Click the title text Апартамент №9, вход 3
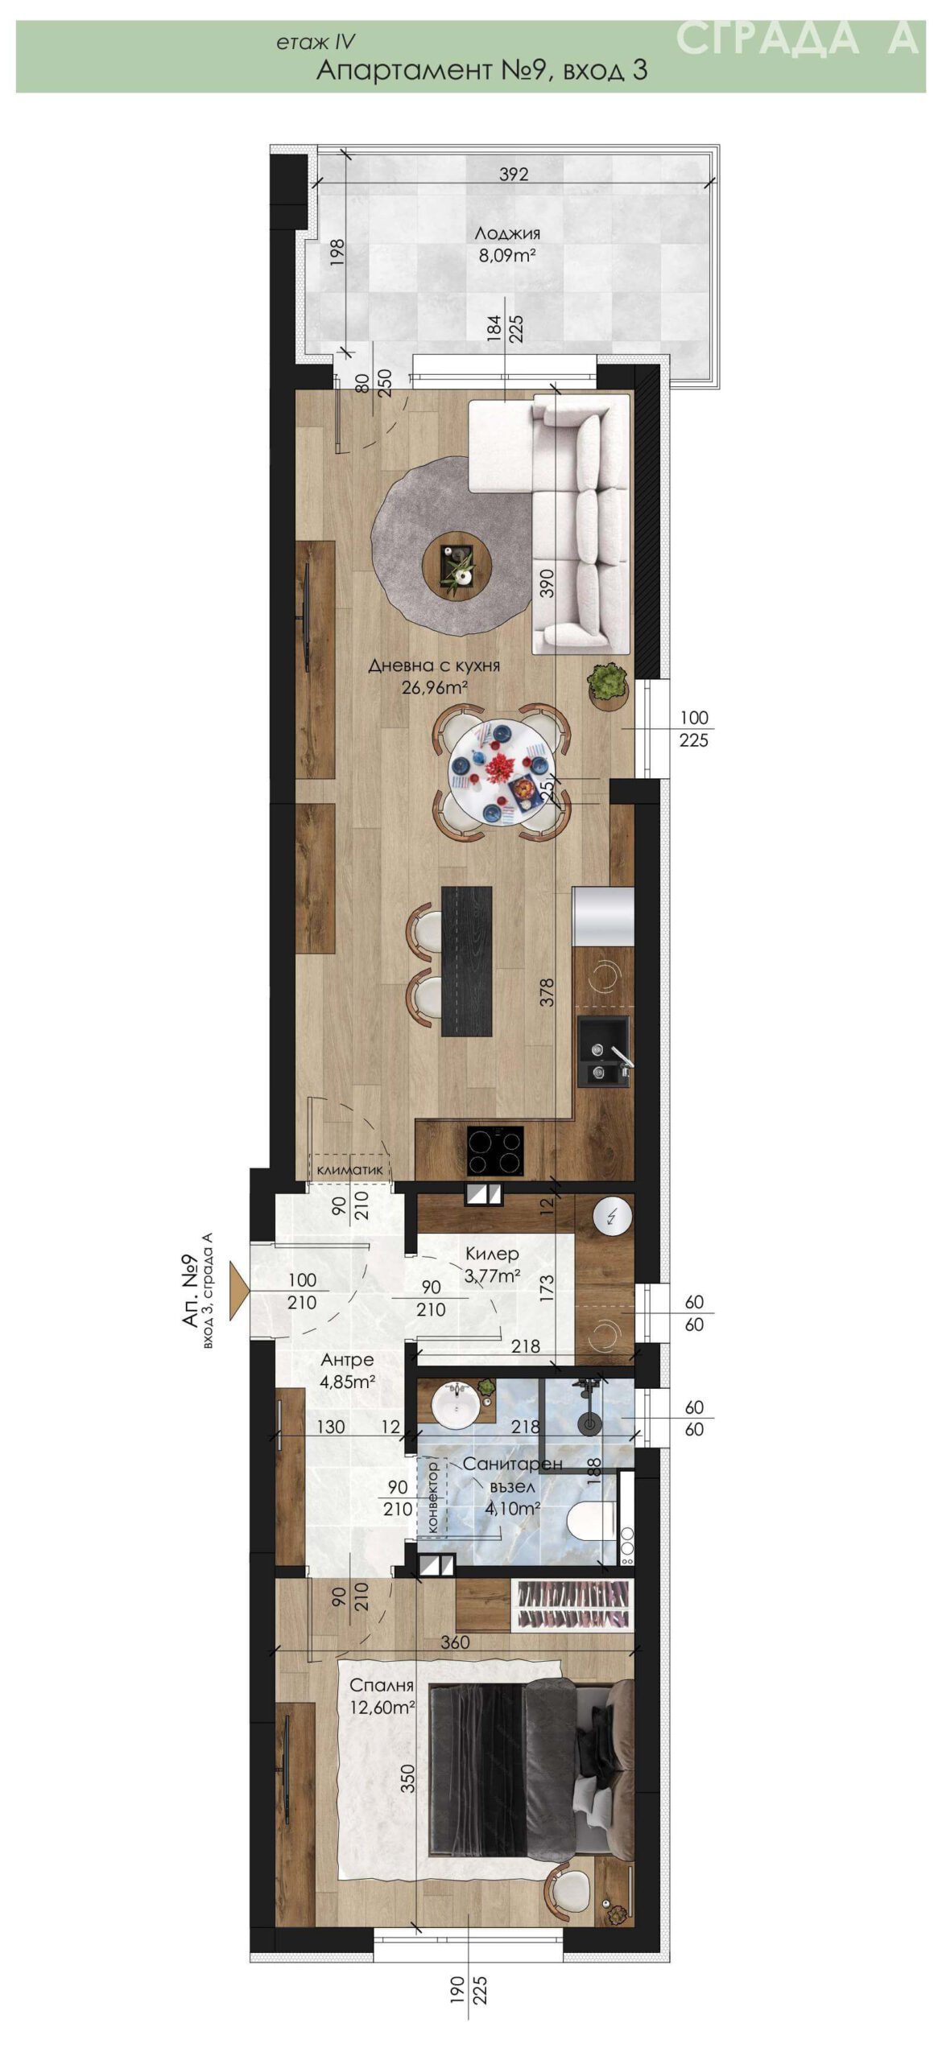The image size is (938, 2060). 481,70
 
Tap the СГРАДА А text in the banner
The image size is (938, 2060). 797,38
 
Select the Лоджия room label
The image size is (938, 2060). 507,233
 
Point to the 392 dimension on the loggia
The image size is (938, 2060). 513,174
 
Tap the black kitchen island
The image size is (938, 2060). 467,961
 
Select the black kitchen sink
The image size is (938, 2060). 605,1052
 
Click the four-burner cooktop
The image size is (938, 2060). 495,1151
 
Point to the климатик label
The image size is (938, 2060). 350,1170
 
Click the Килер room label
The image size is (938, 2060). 492,1254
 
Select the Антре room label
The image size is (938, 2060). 347,1360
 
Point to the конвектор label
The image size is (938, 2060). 432,1496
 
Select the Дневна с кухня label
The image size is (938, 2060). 434,665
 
